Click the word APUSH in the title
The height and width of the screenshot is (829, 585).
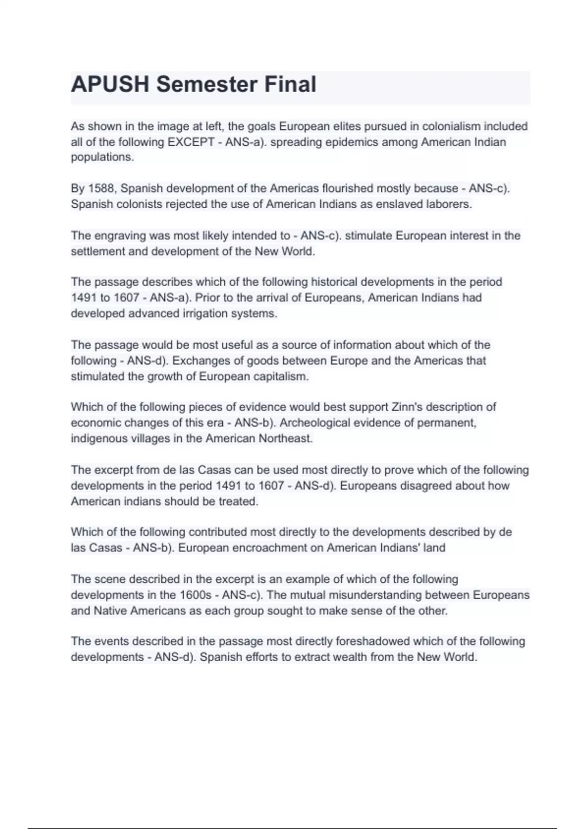pos(110,84)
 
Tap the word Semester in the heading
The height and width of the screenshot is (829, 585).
pos(207,84)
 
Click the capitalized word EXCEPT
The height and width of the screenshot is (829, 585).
pos(190,142)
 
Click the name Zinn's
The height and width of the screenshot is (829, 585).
pos(407,407)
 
